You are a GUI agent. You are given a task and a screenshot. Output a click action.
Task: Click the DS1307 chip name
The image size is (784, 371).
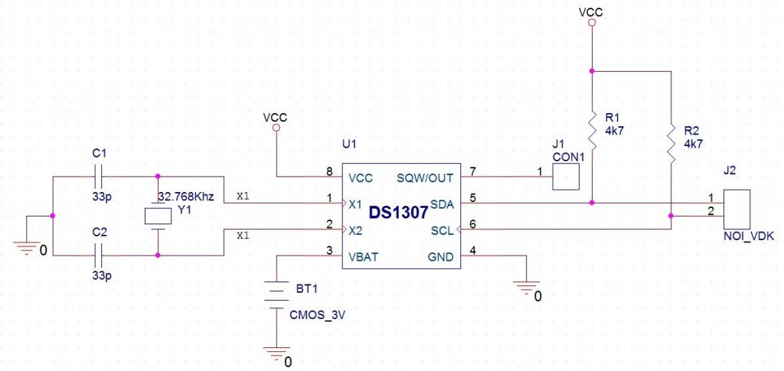[398, 213]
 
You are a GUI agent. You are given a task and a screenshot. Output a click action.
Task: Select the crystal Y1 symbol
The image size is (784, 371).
[158, 216]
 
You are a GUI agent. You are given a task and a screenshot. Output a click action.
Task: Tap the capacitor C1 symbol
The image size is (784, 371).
[99, 176]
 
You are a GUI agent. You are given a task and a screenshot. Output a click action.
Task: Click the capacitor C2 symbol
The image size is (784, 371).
[99, 255]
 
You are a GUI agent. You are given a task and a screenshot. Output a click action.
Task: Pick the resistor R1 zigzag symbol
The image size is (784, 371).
[592, 132]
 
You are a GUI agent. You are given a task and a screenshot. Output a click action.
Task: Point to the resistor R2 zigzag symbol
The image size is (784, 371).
[671, 144]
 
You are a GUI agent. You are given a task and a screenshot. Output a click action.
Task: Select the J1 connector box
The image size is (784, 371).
[566, 177]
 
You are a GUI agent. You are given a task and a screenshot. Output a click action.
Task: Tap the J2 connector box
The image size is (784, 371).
[737, 210]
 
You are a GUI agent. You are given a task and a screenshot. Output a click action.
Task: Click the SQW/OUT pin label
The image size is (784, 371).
[425, 177]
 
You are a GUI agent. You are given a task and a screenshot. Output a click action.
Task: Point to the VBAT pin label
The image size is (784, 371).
[363, 257]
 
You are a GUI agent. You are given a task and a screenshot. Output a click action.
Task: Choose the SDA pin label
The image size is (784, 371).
[442, 204]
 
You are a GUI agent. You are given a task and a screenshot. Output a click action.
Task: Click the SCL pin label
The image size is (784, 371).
[443, 231]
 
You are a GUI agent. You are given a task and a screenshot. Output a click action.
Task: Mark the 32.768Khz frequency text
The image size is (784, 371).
[186, 197]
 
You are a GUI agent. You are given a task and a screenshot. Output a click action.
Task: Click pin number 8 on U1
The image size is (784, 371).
[329, 172]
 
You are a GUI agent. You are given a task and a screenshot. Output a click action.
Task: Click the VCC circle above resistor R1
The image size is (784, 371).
[592, 22]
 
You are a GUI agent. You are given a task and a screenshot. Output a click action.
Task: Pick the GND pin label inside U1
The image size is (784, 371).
[440, 257]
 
